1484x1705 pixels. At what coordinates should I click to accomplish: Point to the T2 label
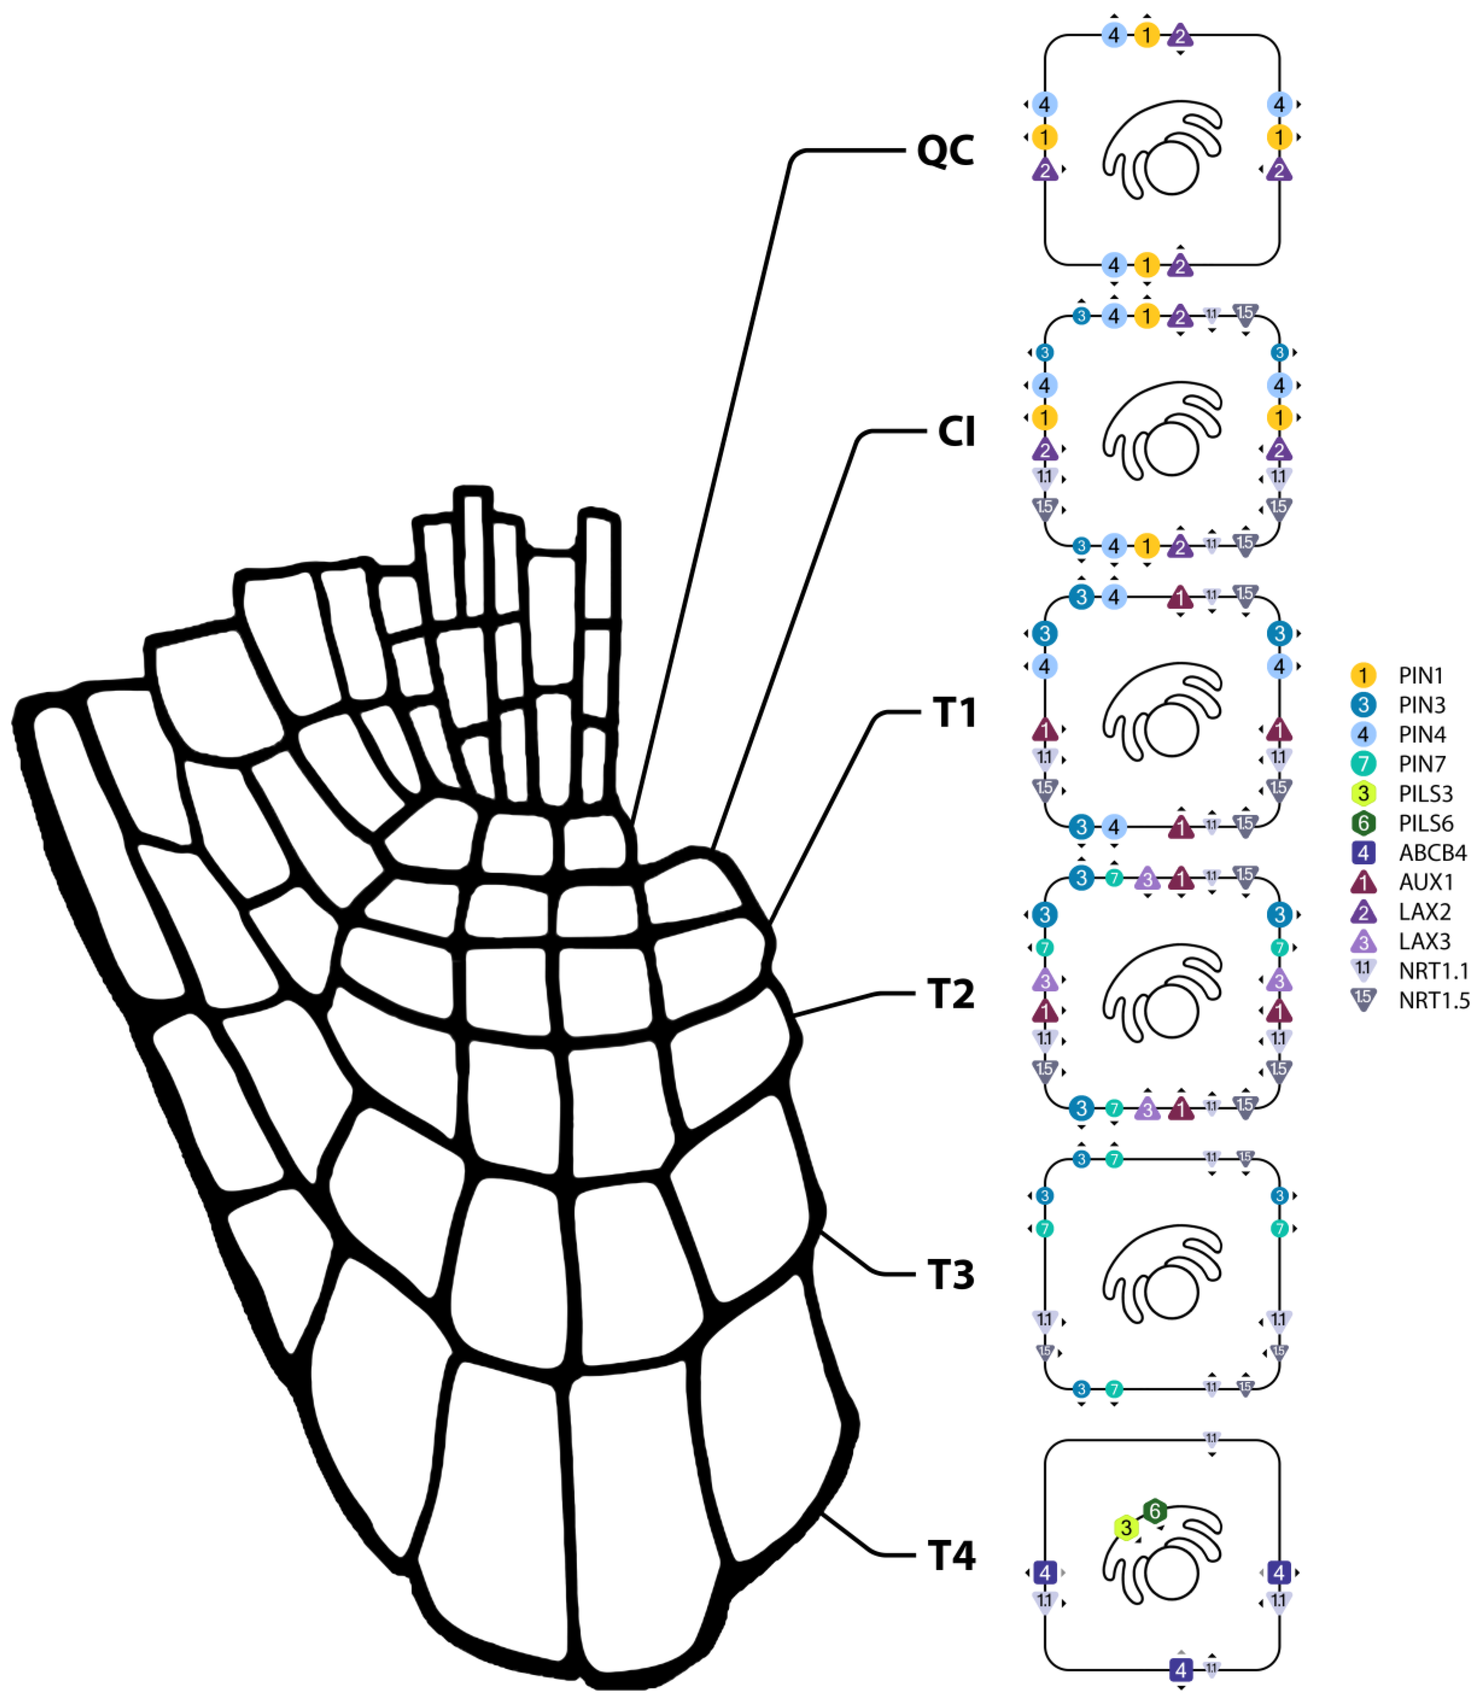(951, 994)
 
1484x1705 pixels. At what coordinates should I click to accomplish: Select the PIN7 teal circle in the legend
(1362, 763)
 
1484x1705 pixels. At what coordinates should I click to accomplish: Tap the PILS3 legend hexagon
(1362, 793)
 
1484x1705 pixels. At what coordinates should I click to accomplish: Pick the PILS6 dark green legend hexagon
(1362, 823)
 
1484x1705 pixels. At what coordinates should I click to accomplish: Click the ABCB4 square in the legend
(1362, 852)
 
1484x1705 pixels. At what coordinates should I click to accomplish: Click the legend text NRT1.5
(1433, 1000)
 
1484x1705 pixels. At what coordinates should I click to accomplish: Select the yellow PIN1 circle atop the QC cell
(1146, 35)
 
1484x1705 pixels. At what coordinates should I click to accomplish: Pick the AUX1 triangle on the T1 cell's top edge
(1180, 597)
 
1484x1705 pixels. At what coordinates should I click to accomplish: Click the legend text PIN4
(1422, 734)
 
